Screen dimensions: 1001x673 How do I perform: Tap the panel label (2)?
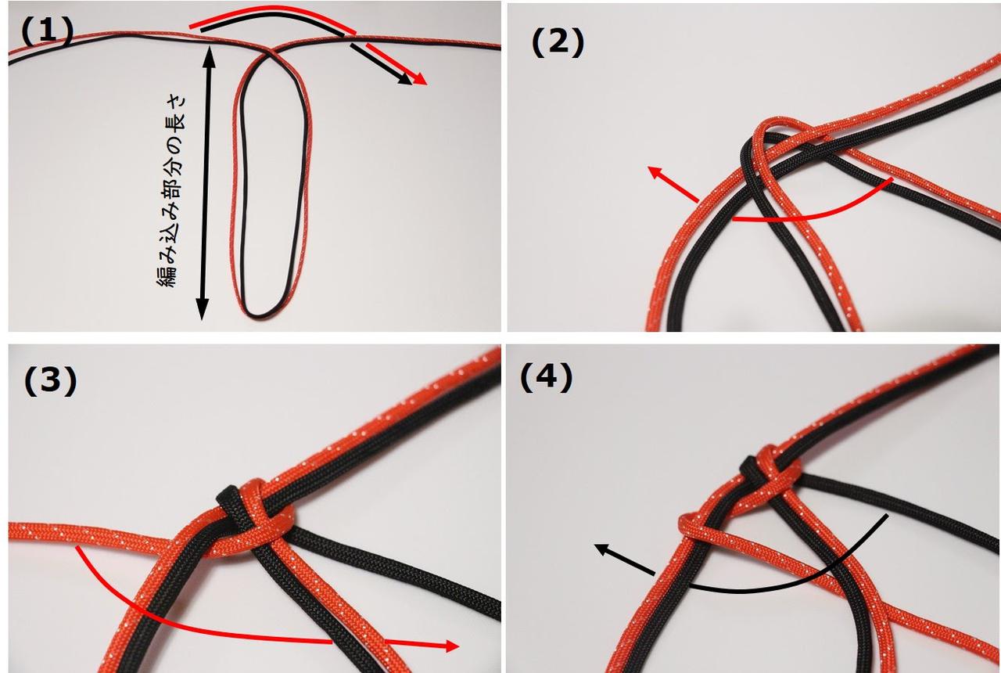[x=558, y=43]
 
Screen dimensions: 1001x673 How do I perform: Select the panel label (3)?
[x=50, y=381]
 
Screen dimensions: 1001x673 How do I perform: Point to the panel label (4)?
[x=546, y=378]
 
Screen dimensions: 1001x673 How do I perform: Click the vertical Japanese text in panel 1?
[x=171, y=191]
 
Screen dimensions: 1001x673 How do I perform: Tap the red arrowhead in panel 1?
[x=420, y=79]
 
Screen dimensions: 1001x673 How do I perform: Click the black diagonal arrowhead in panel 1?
[x=405, y=79]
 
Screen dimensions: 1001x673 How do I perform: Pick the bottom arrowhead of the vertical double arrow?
[x=203, y=308]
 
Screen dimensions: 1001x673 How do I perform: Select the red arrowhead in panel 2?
[x=655, y=174]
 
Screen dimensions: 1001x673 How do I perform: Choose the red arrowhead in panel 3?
[x=451, y=646]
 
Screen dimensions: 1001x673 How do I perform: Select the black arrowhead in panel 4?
[x=602, y=549]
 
